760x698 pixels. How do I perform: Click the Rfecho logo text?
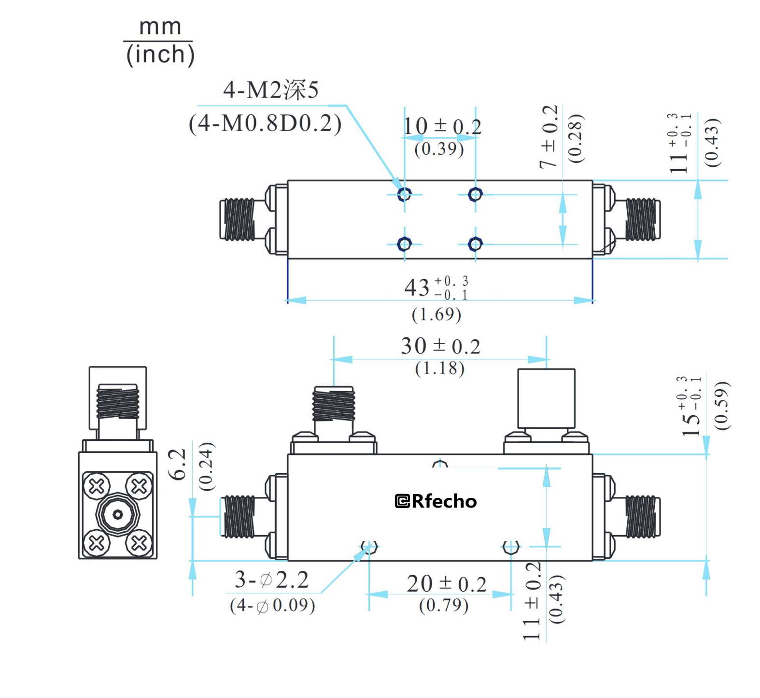pyautogui.click(x=436, y=501)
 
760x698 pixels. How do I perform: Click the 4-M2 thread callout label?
pyautogui.click(x=270, y=90)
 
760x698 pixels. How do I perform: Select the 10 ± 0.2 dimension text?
pyautogui.click(x=442, y=127)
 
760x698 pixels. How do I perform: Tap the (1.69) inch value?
pyautogui.click(x=436, y=315)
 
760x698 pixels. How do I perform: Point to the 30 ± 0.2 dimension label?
pyautogui.click(x=440, y=346)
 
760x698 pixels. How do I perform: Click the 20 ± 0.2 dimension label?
pyautogui.click(x=446, y=584)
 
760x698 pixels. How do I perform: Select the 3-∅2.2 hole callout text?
pyautogui.click(x=271, y=580)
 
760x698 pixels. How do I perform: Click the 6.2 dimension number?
pyautogui.click(x=178, y=464)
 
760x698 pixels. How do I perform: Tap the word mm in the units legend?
pyautogui.click(x=160, y=27)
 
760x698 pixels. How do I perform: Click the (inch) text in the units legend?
pyautogui.click(x=160, y=54)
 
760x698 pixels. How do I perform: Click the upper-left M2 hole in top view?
pyautogui.click(x=404, y=194)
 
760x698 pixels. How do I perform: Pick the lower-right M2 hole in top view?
pyautogui.click(x=475, y=244)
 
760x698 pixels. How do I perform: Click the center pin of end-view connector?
pyautogui.click(x=117, y=515)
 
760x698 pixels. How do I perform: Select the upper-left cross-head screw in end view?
pyautogui.click(x=97, y=486)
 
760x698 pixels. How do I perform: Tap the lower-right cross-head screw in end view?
pyautogui.click(x=139, y=543)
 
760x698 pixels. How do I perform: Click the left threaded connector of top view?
pyautogui.click(x=238, y=219)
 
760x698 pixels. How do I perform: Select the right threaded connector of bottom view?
pyautogui.click(x=642, y=516)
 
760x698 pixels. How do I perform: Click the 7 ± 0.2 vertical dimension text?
pyautogui.click(x=549, y=137)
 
